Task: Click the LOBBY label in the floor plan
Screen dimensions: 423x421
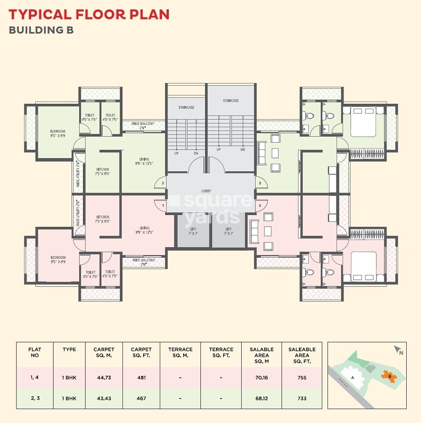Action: pos(206,191)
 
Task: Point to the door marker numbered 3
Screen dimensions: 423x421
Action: pos(260,183)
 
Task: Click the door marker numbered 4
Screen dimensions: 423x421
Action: pos(260,205)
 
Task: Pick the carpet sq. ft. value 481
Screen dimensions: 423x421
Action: pos(141,377)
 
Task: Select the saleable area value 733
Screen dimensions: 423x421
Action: pos(301,398)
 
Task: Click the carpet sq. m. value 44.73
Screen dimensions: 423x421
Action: pos(104,377)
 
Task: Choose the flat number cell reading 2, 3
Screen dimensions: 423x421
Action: pos(35,398)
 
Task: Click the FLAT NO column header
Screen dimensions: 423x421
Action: pos(35,353)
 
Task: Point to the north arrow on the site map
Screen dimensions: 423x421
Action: pos(398,350)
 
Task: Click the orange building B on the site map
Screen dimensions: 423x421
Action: pos(389,375)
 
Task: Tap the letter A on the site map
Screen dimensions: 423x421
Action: pos(352,378)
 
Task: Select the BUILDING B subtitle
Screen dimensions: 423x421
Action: pos(41,30)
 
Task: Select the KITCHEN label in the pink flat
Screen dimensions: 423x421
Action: pos(102,219)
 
